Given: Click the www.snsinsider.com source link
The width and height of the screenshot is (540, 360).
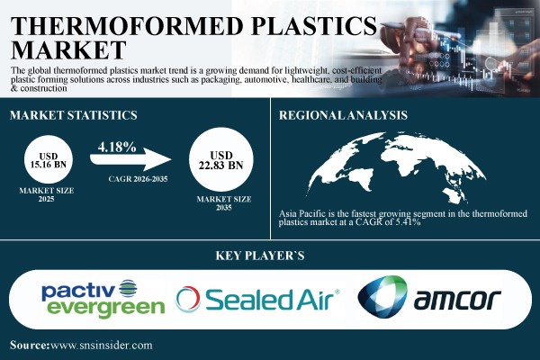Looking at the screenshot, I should [102, 345].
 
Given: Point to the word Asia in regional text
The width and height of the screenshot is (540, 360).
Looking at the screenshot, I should [292, 211].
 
